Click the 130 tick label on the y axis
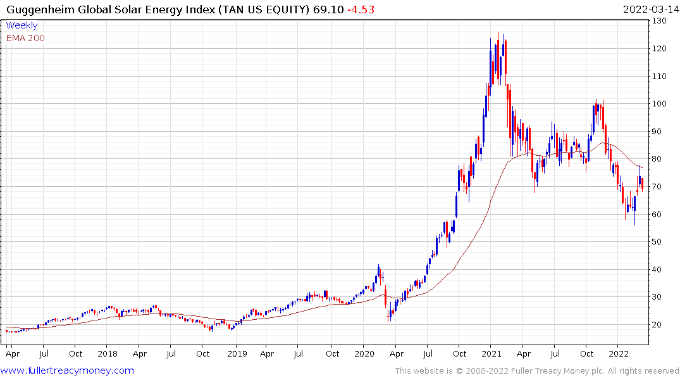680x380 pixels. pos(661,21)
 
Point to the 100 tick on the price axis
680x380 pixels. pos(661,104)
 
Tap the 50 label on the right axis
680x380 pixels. pos(659,242)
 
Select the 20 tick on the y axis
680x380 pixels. pos(659,325)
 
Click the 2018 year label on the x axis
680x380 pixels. pos(108,353)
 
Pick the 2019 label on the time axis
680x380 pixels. pos(236,353)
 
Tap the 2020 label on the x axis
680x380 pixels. pos(364,353)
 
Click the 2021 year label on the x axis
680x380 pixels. pos(492,353)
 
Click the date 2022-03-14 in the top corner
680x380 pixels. pos(649,9)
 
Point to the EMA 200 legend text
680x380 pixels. pos(25,38)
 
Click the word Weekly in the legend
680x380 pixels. pos(22,26)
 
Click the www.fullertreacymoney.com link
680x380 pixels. pos(68,370)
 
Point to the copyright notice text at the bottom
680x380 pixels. pos(536,371)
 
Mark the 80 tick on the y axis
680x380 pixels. pos(659,159)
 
